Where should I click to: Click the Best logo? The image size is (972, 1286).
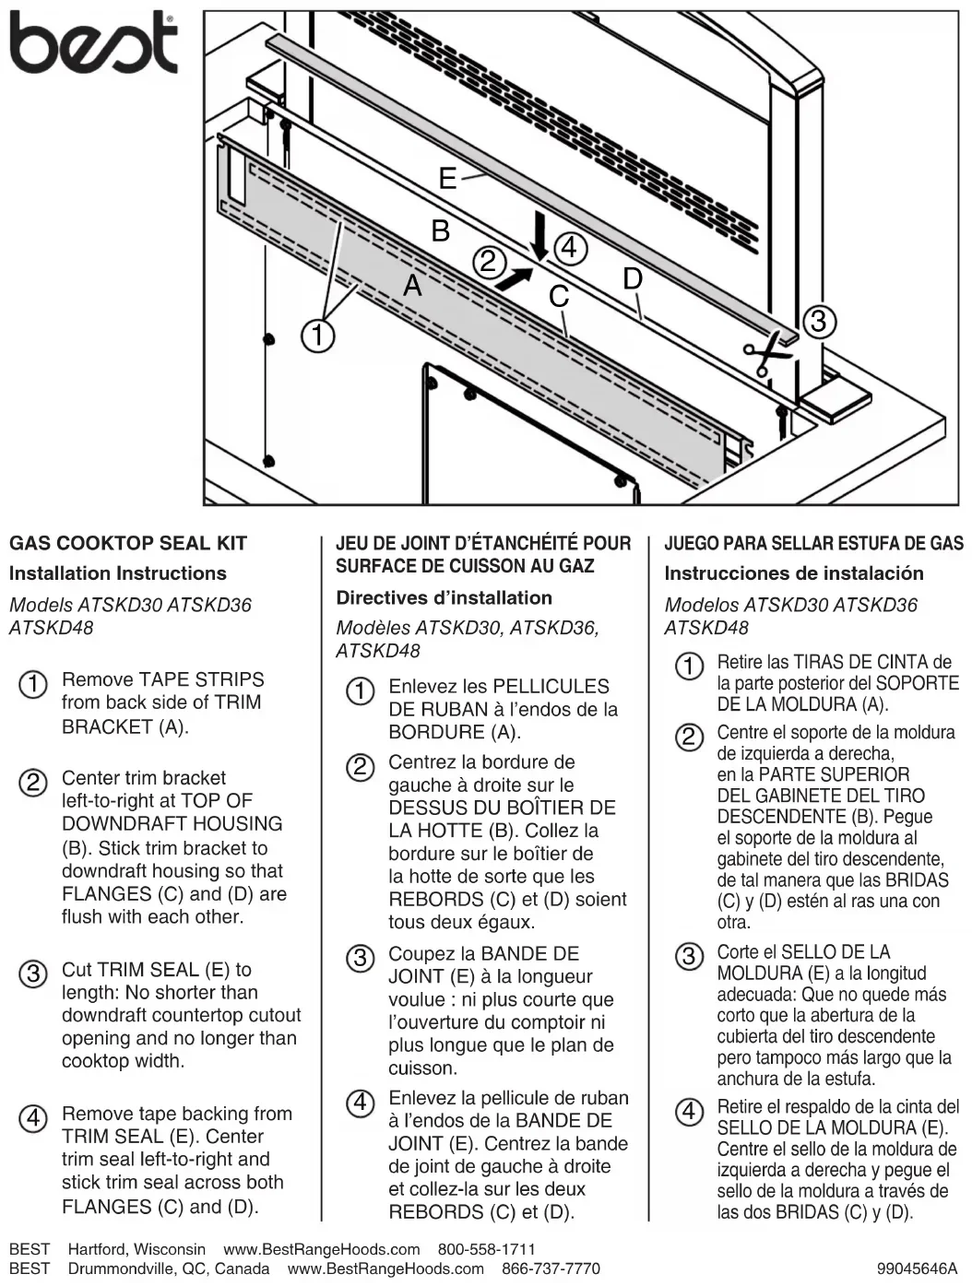tap(92, 43)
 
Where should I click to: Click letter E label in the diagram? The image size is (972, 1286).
tap(447, 178)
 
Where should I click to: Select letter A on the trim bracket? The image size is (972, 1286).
tap(412, 286)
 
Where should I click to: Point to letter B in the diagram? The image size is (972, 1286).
tap(441, 230)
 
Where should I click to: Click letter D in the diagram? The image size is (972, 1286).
tap(633, 278)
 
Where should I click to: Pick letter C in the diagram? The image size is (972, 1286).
tap(559, 297)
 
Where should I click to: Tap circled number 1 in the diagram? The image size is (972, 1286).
tap(317, 336)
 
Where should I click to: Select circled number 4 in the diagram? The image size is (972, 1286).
tap(570, 248)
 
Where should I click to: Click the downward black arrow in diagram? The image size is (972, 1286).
tap(539, 237)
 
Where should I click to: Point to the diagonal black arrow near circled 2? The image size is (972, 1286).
tap(514, 277)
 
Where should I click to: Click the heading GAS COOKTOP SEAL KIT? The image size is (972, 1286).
tap(128, 543)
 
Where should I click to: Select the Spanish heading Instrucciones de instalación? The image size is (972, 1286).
tap(793, 573)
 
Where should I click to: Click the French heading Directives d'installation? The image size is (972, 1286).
tap(444, 597)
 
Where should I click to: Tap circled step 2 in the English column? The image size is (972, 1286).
tap(32, 783)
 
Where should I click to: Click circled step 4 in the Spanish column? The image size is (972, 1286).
tap(689, 1111)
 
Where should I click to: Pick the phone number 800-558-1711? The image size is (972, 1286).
tap(486, 1249)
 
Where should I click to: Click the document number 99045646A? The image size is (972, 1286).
tap(917, 1268)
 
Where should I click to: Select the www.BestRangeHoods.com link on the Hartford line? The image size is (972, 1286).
tap(322, 1249)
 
